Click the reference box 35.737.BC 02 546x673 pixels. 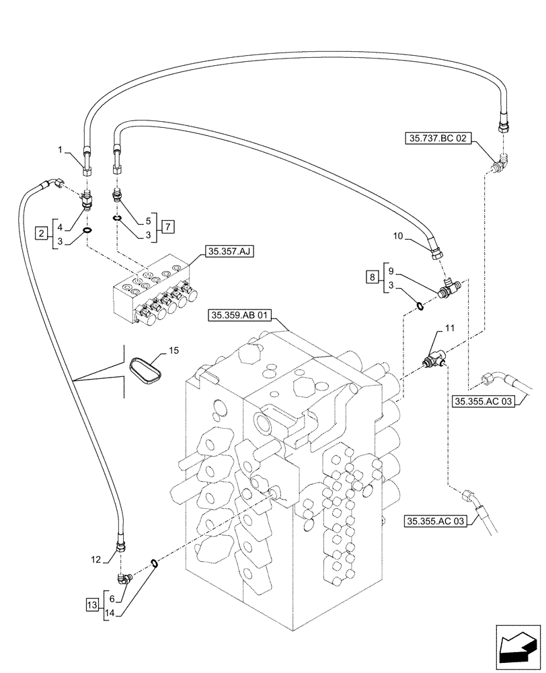click(x=440, y=139)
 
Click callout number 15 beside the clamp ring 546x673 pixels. click(x=174, y=351)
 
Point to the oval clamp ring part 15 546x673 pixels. click(x=147, y=371)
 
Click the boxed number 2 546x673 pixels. click(x=42, y=234)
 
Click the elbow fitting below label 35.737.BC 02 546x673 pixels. click(x=500, y=164)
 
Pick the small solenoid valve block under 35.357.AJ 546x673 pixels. click(x=156, y=291)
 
